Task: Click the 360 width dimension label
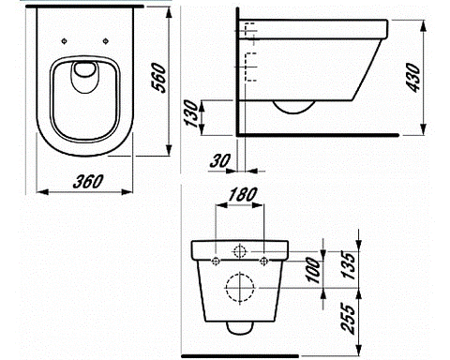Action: pyautogui.click(x=88, y=182)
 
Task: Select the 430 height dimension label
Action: pyautogui.click(x=414, y=78)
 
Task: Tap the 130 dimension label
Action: pyautogui.click(x=192, y=113)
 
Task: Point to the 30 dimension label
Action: pyautogui.click(x=220, y=160)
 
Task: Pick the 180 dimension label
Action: pyautogui.click(x=243, y=194)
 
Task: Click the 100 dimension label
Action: pyautogui.click(x=314, y=270)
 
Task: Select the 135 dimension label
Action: pyautogui.click(x=349, y=264)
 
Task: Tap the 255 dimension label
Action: pyautogui.click(x=349, y=319)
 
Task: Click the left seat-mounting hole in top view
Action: pyautogui.click(x=64, y=41)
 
